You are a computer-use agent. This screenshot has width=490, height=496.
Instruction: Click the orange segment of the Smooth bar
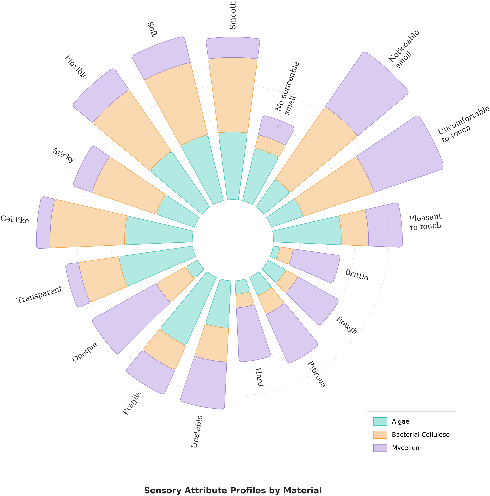233,95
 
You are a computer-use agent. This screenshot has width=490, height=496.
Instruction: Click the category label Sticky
63,155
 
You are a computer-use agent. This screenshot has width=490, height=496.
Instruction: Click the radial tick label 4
258,177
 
